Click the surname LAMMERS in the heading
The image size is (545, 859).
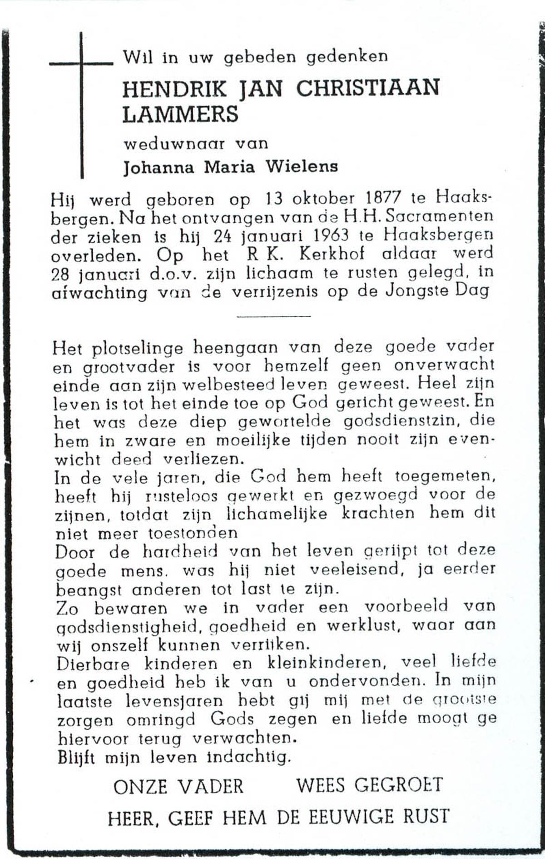tap(180, 114)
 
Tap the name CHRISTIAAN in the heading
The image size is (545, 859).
tap(368, 88)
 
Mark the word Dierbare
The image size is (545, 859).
tap(93, 664)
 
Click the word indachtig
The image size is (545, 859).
tap(248, 758)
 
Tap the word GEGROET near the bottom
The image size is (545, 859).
tap(398, 785)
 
